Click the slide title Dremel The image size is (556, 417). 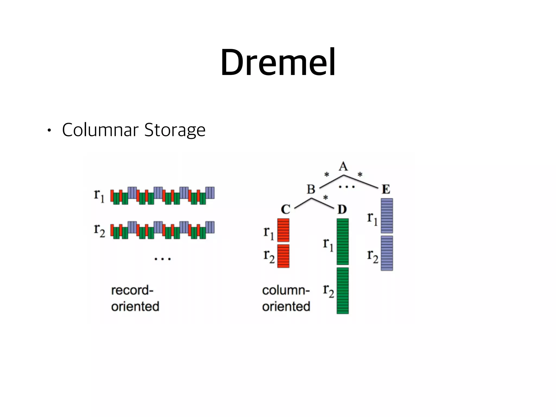point(278,62)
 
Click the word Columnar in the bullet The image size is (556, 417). point(100,130)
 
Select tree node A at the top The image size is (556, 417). point(343,166)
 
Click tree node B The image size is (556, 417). point(311,189)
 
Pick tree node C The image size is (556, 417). point(286,209)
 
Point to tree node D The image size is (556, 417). point(342,209)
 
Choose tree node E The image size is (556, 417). point(386,189)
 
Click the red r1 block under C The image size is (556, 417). point(283,230)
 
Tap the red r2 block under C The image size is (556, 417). point(283,256)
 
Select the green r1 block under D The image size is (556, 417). point(342,242)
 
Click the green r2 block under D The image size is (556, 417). point(342,290)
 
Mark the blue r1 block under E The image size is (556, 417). point(387,216)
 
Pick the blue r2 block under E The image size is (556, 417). point(387,253)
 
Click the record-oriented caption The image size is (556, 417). point(135,298)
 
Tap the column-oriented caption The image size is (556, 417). point(286,298)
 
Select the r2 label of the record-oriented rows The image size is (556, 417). point(99,230)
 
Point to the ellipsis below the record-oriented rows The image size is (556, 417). point(162,259)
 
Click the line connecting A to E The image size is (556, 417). point(361,181)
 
